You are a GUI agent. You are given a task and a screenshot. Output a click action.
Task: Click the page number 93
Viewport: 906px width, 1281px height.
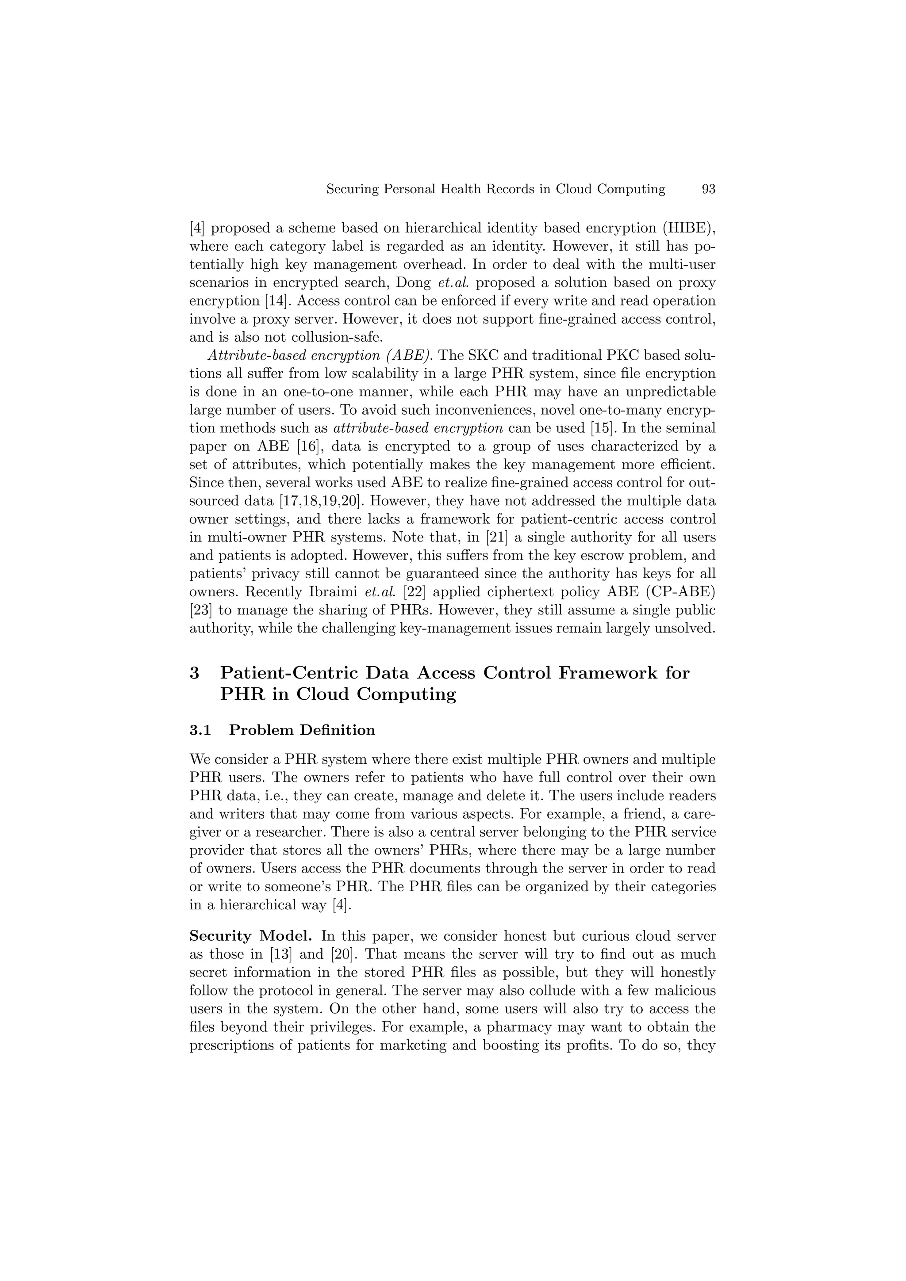(x=708, y=189)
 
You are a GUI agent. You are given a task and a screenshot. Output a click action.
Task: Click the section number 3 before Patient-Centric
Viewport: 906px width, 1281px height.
(x=194, y=673)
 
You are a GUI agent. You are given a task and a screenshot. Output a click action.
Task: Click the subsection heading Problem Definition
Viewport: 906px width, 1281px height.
(x=302, y=730)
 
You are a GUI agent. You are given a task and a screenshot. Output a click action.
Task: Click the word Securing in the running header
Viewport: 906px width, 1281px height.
(x=350, y=189)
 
